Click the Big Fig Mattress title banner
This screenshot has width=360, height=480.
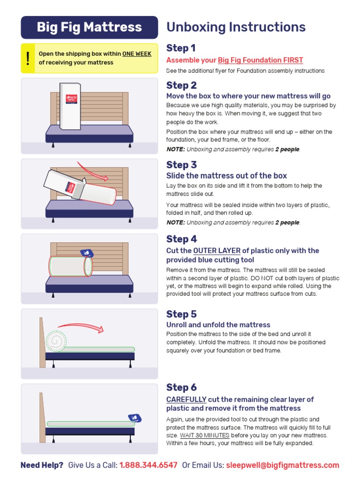[x=89, y=27]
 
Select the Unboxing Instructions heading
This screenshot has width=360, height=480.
[x=236, y=27]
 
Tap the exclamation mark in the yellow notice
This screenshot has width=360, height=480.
[x=28, y=58]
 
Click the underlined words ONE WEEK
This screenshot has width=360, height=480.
[x=137, y=54]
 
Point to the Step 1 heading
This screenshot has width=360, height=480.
[x=181, y=48]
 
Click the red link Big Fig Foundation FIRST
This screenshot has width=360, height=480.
[x=260, y=60]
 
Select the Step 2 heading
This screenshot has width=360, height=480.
[x=181, y=85]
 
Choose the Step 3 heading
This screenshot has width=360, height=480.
[x=181, y=165]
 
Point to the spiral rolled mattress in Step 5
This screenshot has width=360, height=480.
[x=55, y=341]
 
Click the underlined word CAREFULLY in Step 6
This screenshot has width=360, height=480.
[x=187, y=399]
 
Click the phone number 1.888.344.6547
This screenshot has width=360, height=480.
[x=148, y=465]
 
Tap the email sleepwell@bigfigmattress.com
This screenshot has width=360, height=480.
[x=282, y=465]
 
